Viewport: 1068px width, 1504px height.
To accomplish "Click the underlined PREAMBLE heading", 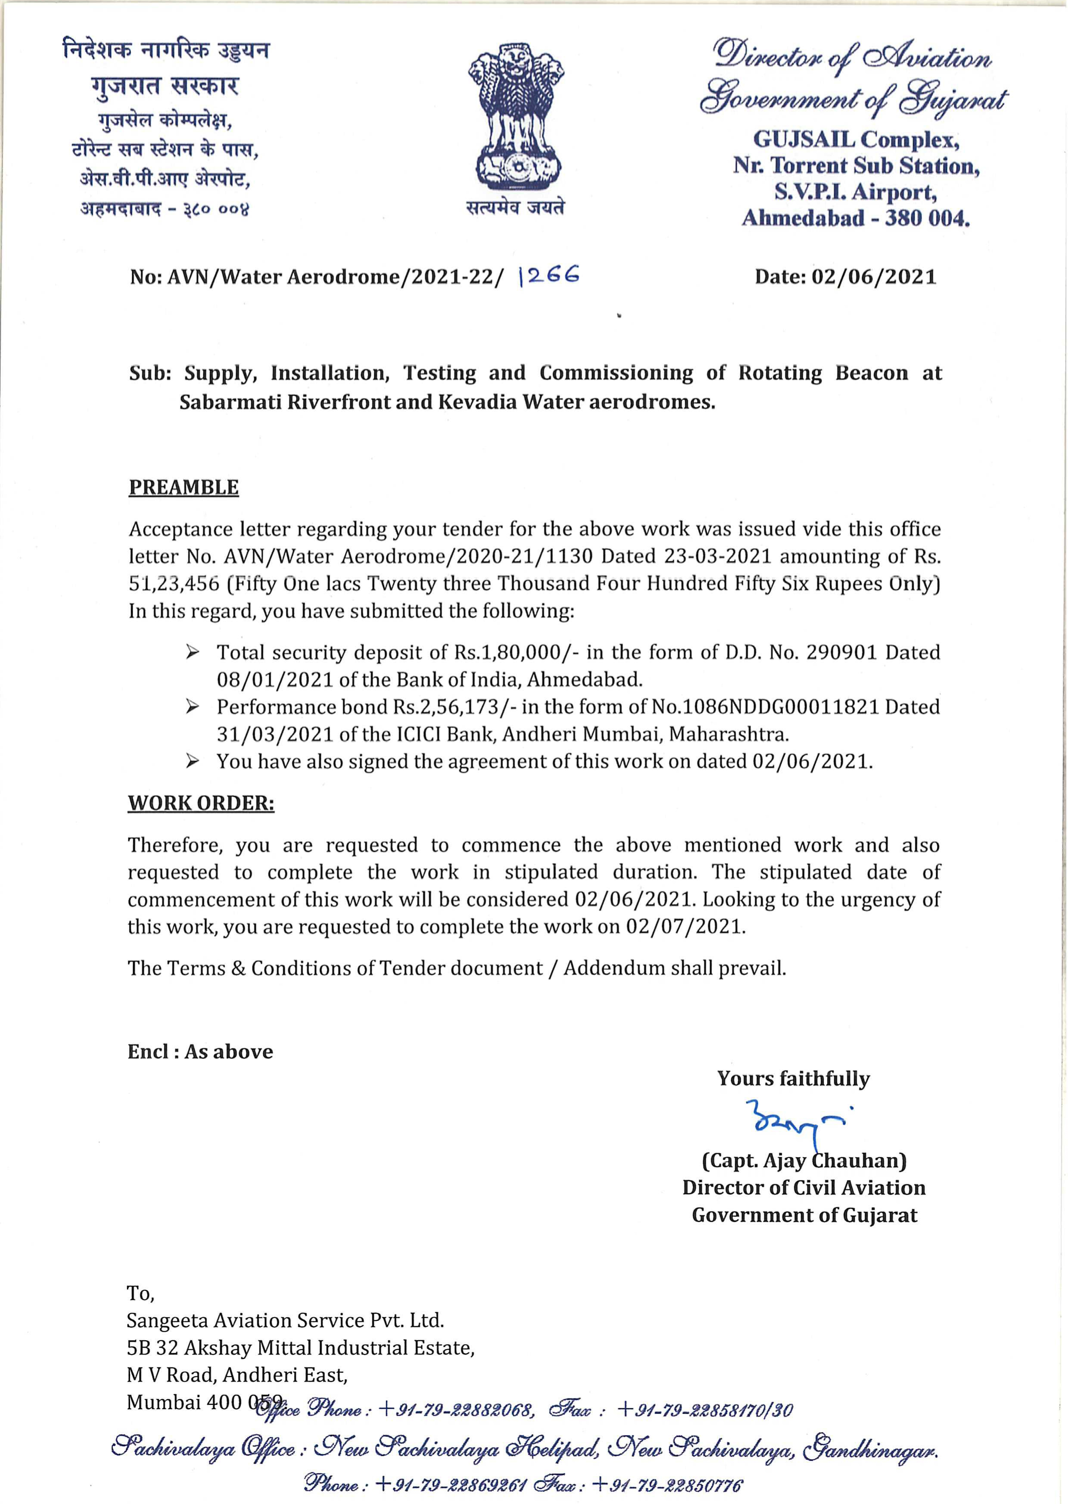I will click(x=183, y=488).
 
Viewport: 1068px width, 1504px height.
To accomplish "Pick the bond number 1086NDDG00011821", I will click(x=781, y=707).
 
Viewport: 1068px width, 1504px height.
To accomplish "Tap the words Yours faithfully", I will click(x=793, y=1078).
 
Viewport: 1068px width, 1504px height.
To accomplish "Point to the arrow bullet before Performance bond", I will click(x=192, y=707).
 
